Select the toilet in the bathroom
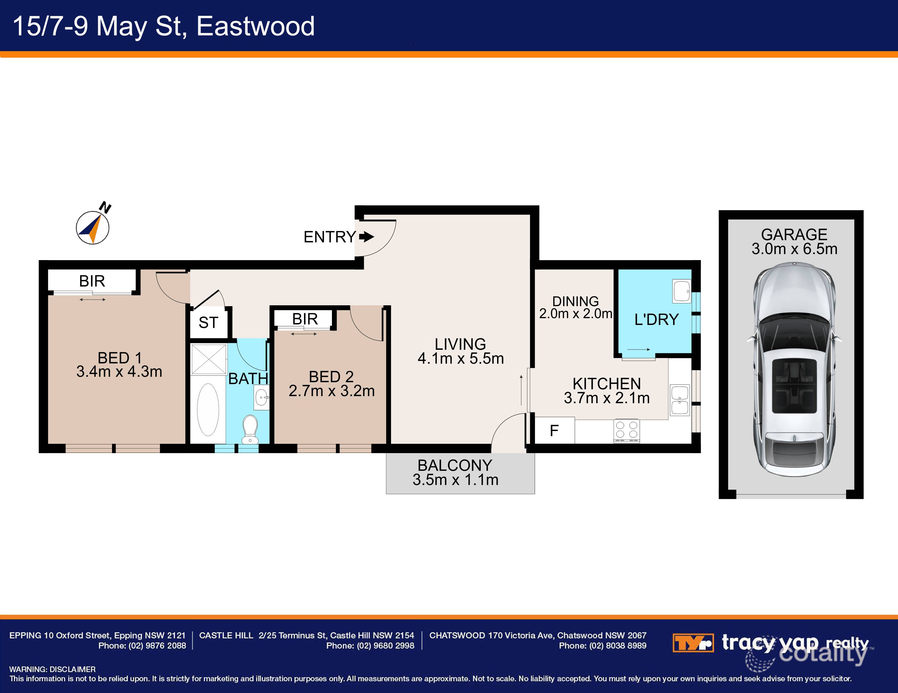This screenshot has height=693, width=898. tap(250, 429)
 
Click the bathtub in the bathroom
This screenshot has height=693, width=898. tap(208, 410)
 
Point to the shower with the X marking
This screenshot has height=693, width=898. tap(209, 360)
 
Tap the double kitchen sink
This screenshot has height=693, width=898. tap(680, 400)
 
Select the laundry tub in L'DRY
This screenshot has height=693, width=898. tap(682, 291)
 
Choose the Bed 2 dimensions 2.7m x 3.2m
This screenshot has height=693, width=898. tap(331, 391)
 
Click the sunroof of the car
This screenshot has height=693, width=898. tap(794, 385)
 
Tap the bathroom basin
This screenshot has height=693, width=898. tap(262, 397)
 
